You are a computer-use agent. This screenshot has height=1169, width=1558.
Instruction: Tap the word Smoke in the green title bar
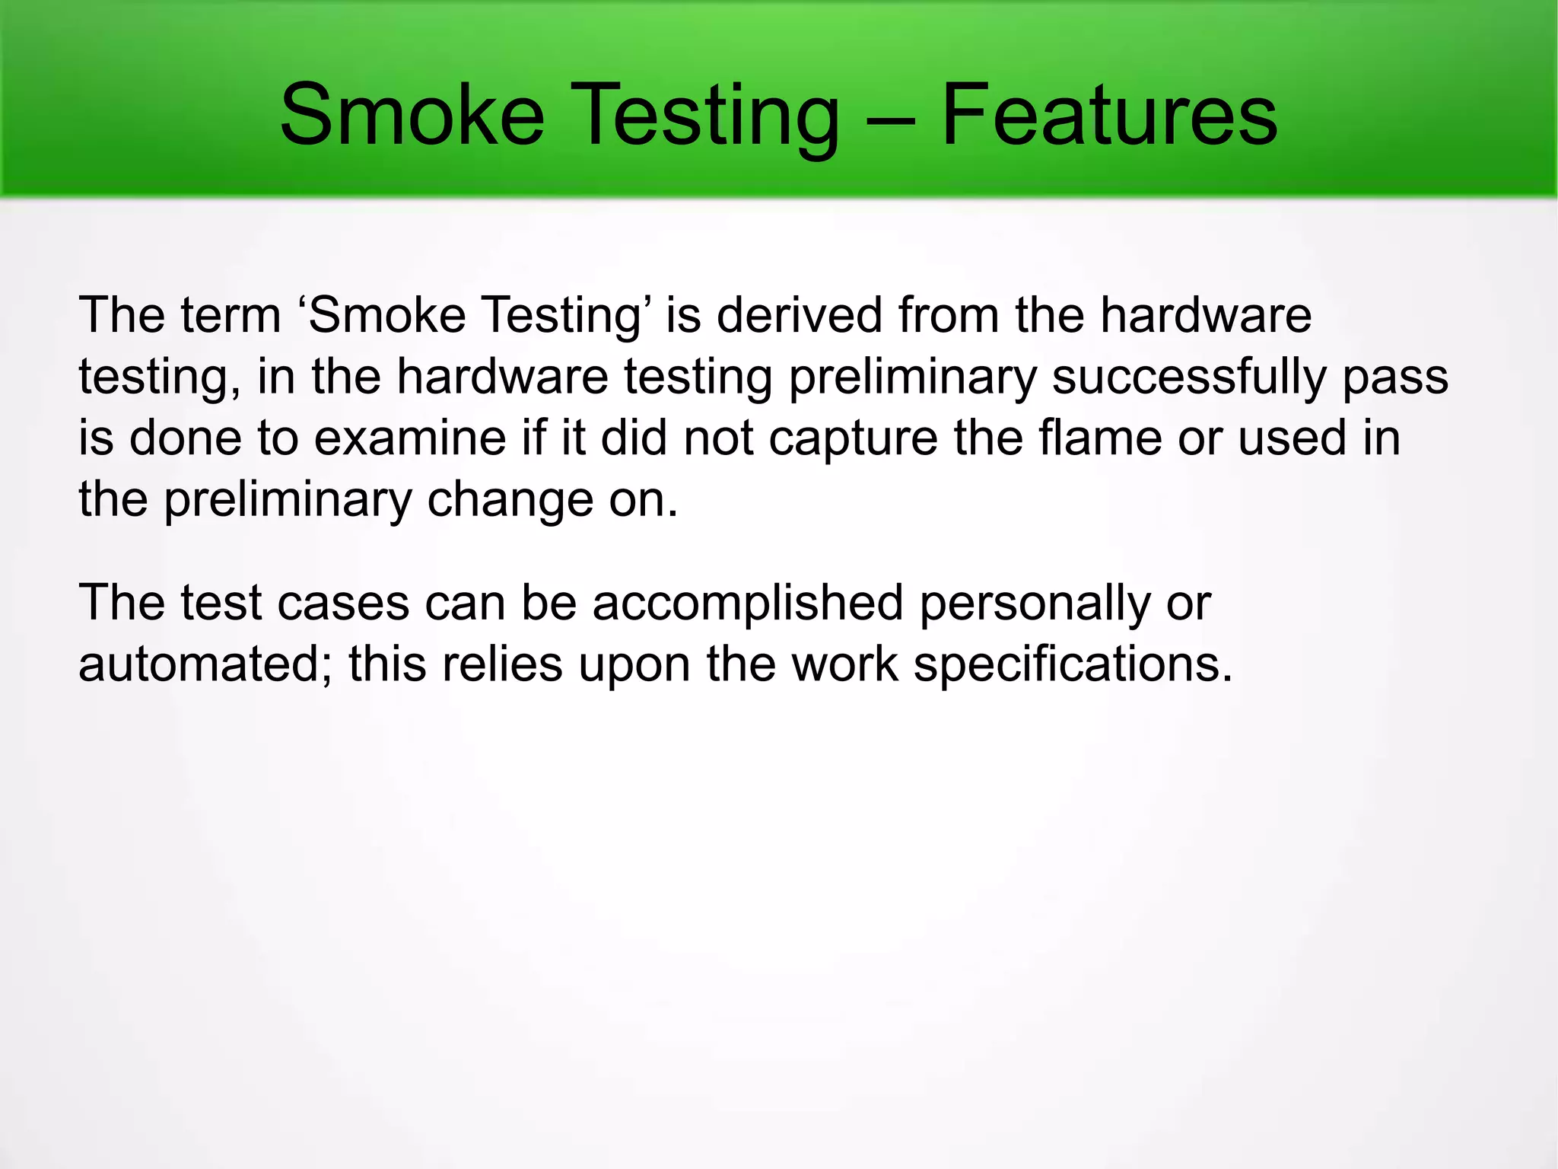pyautogui.click(x=412, y=116)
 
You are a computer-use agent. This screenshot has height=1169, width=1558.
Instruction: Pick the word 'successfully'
pyautogui.click(x=1189, y=378)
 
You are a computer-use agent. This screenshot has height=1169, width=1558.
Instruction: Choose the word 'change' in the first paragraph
pyautogui.click(x=510, y=501)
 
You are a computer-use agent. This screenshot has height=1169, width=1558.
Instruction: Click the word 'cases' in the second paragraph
pyautogui.click(x=343, y=604)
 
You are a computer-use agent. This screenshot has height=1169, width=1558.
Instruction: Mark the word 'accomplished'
pyautogui.click(x=748, y=604)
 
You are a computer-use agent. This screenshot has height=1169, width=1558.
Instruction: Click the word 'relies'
pyautogui.click(x=502, y=664)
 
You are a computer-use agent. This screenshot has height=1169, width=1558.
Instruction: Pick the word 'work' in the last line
pyautogui.click(x=844, y=664)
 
